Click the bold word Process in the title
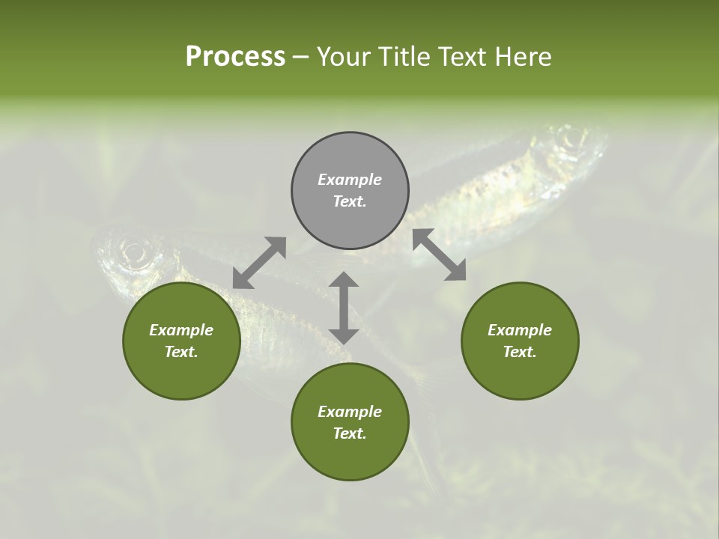(x=235, y=56)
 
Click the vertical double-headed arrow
(x=344, y=308)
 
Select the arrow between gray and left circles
(x=259, y=263)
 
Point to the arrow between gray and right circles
(x=440, y=255)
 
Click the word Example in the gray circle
(x=350, y=180)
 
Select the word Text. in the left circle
(x=181, y=352)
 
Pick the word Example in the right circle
(x=520, y=330)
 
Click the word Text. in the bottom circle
(x=350, y=433)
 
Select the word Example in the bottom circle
(x=350, y=412)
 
